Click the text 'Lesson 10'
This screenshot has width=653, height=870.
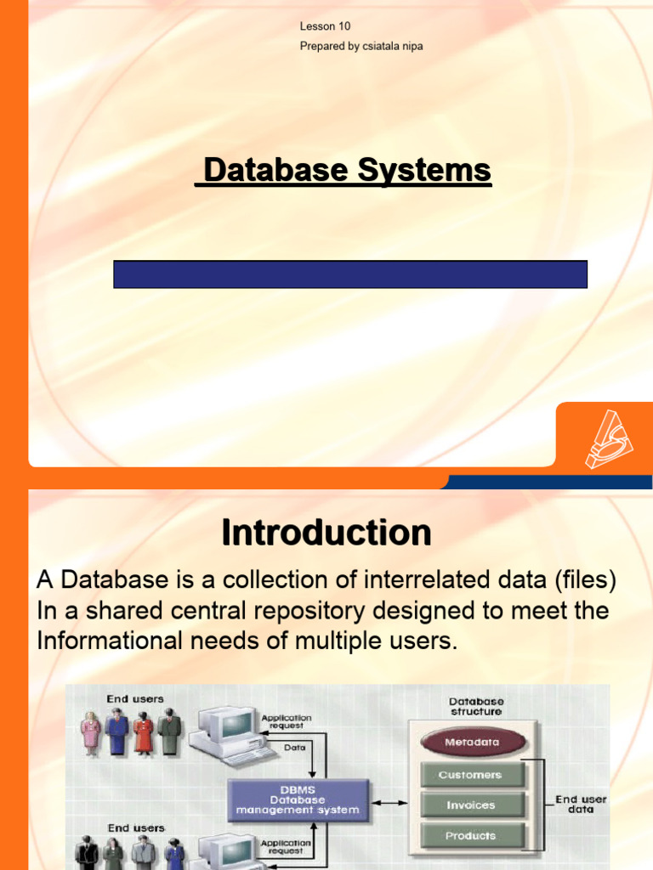(325, 26)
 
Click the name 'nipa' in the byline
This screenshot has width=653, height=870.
(409, 46)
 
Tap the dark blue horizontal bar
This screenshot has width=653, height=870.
(350, 274)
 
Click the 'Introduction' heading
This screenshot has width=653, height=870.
(326, 534)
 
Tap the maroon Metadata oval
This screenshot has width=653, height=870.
(472, 742)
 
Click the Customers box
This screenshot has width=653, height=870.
(470, 775)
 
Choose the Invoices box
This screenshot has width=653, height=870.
(470, 805)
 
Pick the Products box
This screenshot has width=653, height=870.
(470, 836)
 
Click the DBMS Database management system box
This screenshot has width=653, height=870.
(298, 799)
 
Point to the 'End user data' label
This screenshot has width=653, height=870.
(581, 805)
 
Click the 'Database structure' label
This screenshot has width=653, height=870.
(477, 707)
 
